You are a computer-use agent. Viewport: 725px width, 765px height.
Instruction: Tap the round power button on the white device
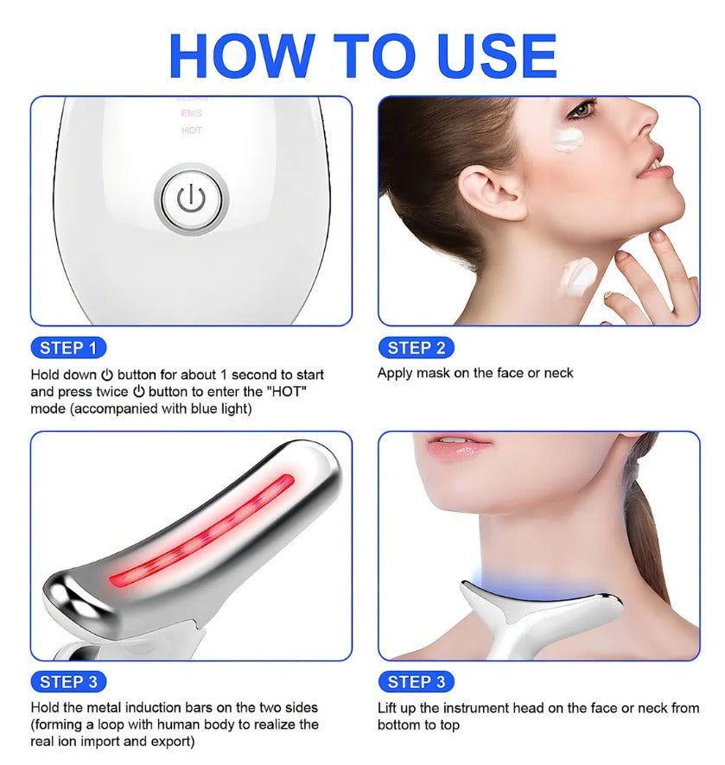tap(191, 199)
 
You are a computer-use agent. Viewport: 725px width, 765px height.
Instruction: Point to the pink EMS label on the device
tap(191, 113)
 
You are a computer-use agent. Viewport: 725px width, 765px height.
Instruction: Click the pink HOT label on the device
tap(191, 130)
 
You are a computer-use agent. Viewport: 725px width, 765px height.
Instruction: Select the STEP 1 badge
tap(68, 348)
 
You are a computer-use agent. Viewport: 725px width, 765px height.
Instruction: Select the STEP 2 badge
tap(416, 348)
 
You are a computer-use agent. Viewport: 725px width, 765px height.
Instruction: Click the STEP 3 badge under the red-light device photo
tap(68, 681)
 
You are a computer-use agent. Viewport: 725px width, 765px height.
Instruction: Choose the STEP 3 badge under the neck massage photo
tap(416, 681)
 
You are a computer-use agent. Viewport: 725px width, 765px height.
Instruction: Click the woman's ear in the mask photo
tap(488, 192)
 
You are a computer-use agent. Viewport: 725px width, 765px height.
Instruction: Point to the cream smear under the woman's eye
tap(569, 138)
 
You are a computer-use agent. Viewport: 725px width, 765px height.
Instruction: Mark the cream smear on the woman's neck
tap(579, 276)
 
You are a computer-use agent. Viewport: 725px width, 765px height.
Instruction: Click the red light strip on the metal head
tap(201, 530)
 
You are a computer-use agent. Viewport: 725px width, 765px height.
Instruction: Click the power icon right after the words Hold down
tap(107, 375)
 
